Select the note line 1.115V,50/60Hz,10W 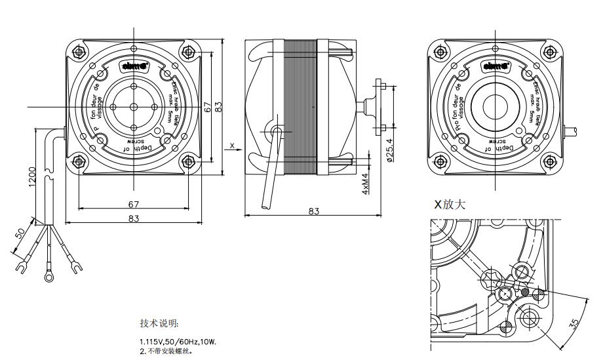[x=177, y=342]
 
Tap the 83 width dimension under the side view [x=313, y=210]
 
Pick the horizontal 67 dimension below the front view [x=134, y=205]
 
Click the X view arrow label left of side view [x=232, y=145]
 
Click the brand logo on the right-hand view [x=494, y=66]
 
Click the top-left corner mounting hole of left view [x=79, y=51]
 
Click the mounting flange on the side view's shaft [x=379, y=106]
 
